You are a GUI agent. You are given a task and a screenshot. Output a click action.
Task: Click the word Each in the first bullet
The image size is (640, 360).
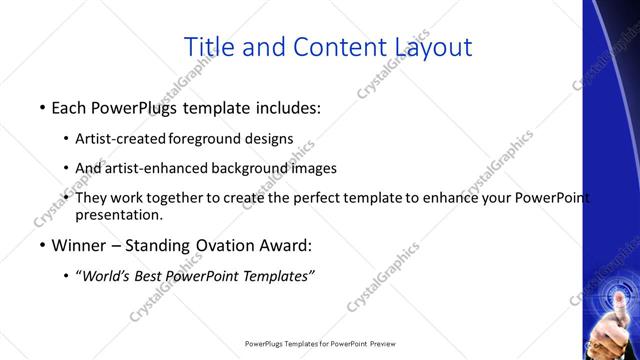coord(72,106)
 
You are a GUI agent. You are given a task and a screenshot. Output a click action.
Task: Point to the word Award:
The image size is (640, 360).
coord(285,244)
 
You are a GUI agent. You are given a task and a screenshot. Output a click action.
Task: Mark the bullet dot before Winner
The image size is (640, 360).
coord(42,245)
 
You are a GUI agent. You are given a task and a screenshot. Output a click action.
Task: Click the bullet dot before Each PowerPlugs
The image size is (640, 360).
coord(42,107)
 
